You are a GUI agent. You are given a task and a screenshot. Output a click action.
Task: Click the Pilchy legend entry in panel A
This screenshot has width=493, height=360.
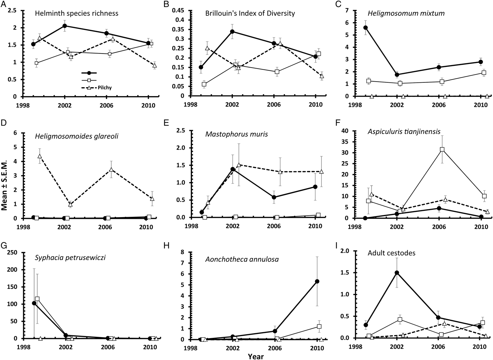[x=105, y=88]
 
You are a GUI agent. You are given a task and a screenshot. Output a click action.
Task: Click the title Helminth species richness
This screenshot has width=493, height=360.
[x=76, y=14]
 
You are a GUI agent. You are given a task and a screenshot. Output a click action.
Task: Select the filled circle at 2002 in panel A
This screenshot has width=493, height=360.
[x=65, y=26]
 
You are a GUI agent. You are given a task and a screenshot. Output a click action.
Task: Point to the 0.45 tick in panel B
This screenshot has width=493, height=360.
[x=180, y=10]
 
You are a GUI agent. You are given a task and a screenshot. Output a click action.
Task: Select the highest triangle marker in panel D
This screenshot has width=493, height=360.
[x=40, y=156]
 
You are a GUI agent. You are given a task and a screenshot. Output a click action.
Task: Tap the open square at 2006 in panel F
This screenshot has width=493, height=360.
[x=442, y=150]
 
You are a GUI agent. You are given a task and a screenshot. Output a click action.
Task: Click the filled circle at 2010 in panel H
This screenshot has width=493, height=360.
[x=317, y=281]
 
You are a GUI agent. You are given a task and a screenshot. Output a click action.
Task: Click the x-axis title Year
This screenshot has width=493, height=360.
[x=256, y=356]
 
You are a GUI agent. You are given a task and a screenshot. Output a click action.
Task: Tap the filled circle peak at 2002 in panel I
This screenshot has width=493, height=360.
[x=397, y=273]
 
